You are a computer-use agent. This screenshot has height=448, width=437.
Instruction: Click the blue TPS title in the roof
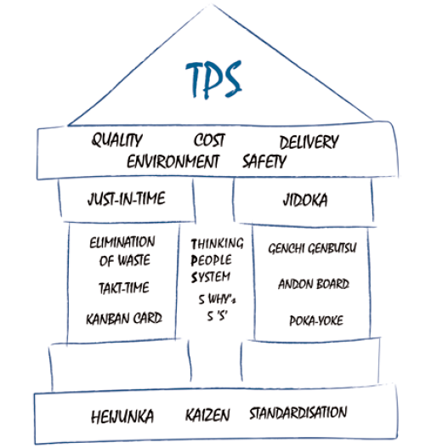pyautogui.click(x=213, y=78)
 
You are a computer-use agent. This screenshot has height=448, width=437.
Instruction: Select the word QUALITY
pyautogui.click(x=116, y=140)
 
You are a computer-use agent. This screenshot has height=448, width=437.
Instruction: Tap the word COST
pyautogui.click(x=209, y=140)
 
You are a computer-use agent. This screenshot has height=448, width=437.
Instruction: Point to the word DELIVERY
pyautogui.click(x=309, y=142)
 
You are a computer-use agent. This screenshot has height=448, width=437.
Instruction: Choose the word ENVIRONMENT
pyautogui.click(x=173, y=160)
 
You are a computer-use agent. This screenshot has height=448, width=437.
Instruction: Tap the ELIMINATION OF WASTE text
pyautogui.click(x=122, y=252)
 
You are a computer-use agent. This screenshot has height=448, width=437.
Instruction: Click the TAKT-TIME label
pyautogui.click(x=123, y=288)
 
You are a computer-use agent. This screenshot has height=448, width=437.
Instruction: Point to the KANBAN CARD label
pyautogui.click(x=124, y=319)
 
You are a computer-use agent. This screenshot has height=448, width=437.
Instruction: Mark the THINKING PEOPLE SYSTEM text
pyautogui.click(x=216, y=260)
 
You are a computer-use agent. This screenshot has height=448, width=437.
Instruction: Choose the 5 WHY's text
pyautogui.click(x=216, y=298)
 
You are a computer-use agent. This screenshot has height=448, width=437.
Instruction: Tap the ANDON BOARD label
pyautogui.click(x=313, y=284)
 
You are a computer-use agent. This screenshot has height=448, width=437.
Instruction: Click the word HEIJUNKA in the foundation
pyautogui.click(x=123, y=417)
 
